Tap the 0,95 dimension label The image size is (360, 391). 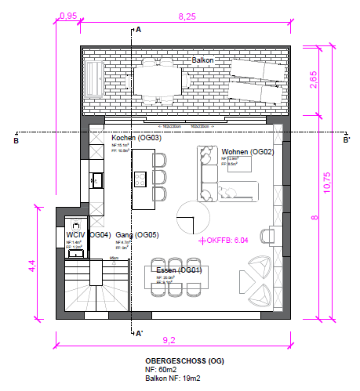[68, 16]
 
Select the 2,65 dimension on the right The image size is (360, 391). [313, 81]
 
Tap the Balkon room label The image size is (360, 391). [202, 60]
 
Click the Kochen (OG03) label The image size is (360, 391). [136, 138]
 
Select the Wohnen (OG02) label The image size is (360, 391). [247, 151]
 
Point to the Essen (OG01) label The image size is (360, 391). [180, 270]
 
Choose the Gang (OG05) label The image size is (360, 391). [137, 235]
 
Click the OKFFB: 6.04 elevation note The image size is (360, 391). [226, 241]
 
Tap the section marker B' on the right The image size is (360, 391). [346, 140]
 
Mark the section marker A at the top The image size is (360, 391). [138, 30]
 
